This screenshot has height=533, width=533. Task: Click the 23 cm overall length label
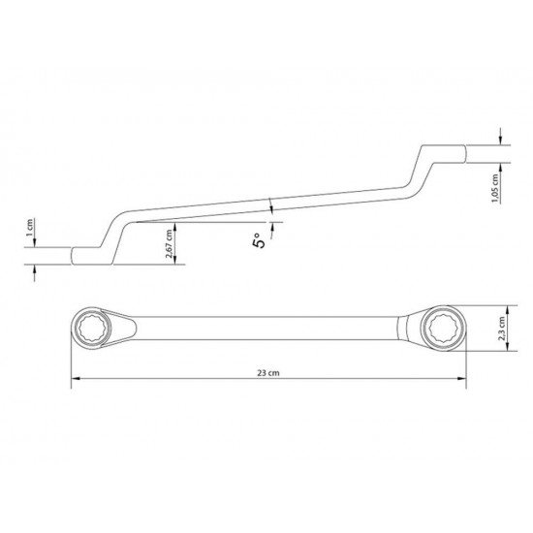click(268, 373)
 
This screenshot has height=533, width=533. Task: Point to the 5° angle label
click(258, 240)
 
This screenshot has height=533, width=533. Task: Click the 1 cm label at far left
click(30, 229)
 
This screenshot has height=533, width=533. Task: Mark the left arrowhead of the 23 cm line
click(75, 380)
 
